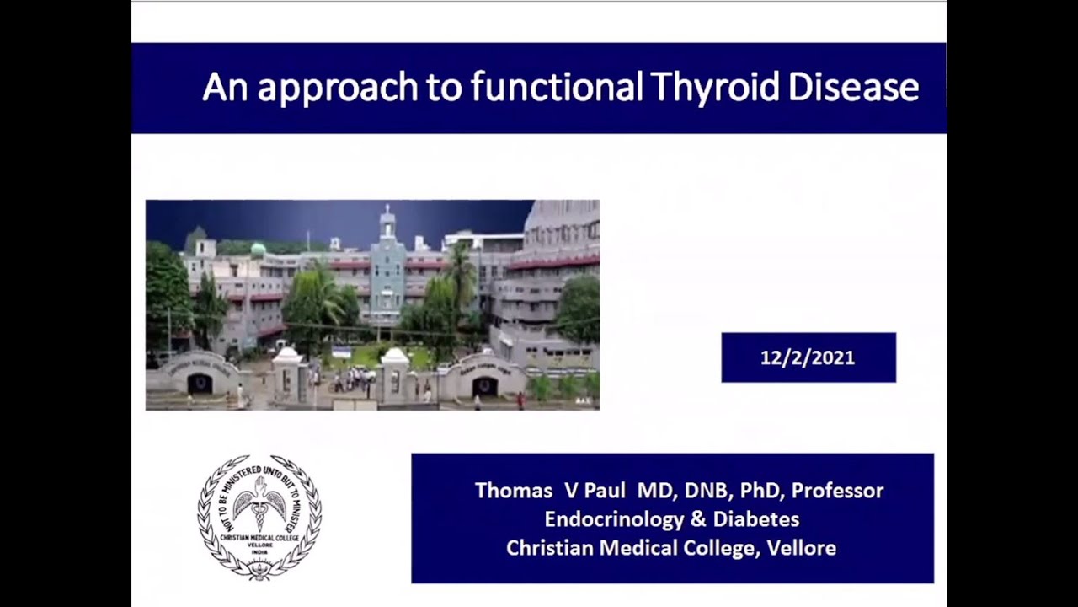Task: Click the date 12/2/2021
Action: [808, 357]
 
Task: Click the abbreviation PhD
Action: [758, 491]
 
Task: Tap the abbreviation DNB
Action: [701, 491]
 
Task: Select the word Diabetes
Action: [756, 519]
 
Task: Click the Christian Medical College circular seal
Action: [259, 517]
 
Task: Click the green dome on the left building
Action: [259, 250]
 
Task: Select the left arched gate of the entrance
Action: [200, 381]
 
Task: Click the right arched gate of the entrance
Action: [484, 384]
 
